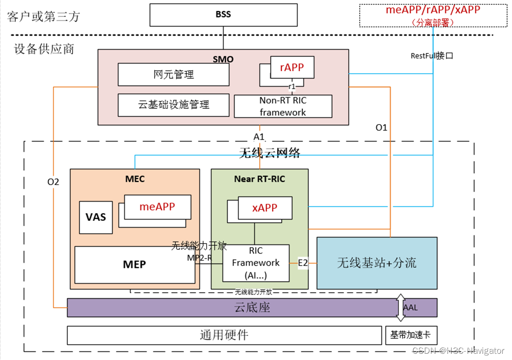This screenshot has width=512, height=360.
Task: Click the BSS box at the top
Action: pyautogui.click(x=223, y=14)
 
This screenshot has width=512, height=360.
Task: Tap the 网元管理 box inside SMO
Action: pyautogui.click(x=173, y=75)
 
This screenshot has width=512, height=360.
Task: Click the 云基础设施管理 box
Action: pyautogui.click(x=173, y=104)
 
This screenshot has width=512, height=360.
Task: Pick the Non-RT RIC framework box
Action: pyautogui.click(x=283, y=106)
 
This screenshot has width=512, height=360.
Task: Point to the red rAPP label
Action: pyautogui.click(x=292, y=67)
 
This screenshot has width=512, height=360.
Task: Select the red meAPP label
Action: pyautogui.click(x=157, y=207)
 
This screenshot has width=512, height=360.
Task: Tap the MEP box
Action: pyautogui.click(x=134, y=265)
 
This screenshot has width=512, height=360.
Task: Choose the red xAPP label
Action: pyautogui.click(x=264, y=208)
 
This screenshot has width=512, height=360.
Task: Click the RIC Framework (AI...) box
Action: pyautogui.click(x=255, y=263)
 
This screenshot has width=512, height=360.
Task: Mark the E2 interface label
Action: pyautogui.click(x=302, y=263)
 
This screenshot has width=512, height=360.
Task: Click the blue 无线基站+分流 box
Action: pyautogui.click(x=377, y=263)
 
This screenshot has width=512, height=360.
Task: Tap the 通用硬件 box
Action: pyautogui.click(x=224, y=335)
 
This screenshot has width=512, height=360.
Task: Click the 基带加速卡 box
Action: pyautogui.click(x=411, y=335)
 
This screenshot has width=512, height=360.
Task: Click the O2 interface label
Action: pyautogui.click(x=53, y=181)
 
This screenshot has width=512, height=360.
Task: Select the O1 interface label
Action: pyautogui.click(x=381, y=128)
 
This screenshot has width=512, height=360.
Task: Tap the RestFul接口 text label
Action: pyautogui.click(x=432, y=56)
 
